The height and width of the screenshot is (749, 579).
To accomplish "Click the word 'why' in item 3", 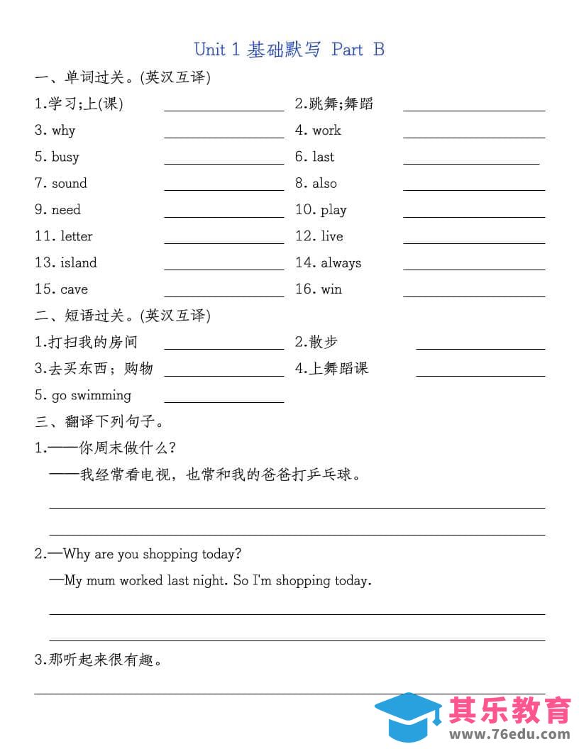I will tap(63, 131).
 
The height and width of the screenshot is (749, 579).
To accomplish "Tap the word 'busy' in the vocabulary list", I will tap(65, 157).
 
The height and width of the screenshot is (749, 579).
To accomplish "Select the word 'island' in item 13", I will tap(78, 262).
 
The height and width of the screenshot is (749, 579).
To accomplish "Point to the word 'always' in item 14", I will tap(341, 262).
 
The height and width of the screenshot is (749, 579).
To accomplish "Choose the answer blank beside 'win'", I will tap(474, 293).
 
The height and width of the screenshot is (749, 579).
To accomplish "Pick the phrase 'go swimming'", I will tap(91, 395).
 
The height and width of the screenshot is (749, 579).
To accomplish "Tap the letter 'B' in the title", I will tap(378, 49).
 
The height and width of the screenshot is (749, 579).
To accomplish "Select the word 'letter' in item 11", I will tap(76, 236).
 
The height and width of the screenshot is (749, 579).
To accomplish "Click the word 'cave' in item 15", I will tap(74, 289).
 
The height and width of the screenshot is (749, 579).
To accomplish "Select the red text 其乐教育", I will tap(509, 709).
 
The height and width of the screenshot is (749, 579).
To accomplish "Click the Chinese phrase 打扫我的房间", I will tap(93, 343).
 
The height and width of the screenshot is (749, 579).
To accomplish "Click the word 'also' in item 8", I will tap(324, 184).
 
